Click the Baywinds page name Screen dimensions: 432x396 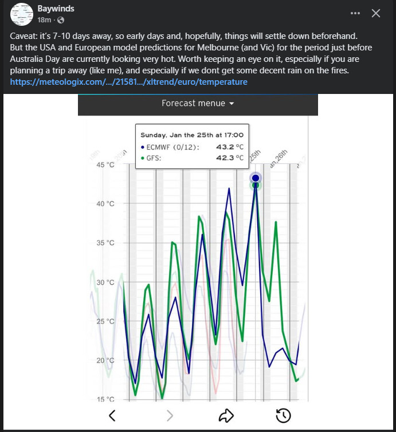tap(56, 9)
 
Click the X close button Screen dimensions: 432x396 tap(376, 13)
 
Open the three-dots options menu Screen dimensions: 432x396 tap(355, 13)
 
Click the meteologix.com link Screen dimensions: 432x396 tap(129, 82)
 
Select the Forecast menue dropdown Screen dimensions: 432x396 tap(198, 104)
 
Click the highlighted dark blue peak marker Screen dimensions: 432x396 tap(256, 178)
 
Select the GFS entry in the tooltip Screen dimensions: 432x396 tap(154, 158)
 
